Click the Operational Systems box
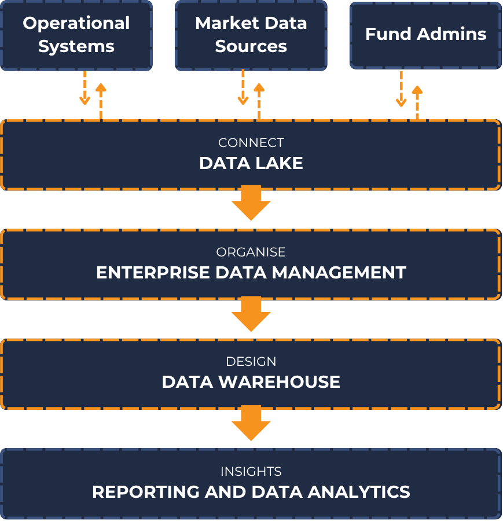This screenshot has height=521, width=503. (x=76, y=35)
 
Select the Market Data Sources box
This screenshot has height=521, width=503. (x=251, y=35)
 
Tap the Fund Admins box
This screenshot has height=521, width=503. (x=425, y=34)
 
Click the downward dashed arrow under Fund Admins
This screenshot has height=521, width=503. (x=401, y=90)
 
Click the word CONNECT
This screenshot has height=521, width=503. (x=251, y=142)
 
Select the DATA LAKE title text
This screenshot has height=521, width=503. (x=251, y=163)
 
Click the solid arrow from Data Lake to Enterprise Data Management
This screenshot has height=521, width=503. (x=251, y=203)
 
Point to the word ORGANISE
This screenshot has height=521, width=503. (x=251, y=252)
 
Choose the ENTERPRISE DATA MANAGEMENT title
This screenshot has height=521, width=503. (x=251, y=273)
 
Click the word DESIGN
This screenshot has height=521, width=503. (x=251, y=361)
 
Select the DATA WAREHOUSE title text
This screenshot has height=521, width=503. (x=251, y=382)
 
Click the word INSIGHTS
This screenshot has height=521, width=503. (x=251, y=471)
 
